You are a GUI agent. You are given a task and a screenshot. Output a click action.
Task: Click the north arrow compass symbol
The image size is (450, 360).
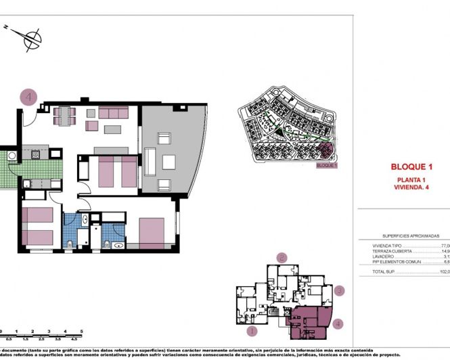click(x=30, y=37)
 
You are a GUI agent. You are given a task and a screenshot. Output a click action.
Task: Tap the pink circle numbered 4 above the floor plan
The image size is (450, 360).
click(x=28, y=97)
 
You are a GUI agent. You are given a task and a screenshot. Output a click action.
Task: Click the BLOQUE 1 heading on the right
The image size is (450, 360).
click(x=411, y=166)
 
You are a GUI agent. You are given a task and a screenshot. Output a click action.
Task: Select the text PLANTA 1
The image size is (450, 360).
click(x=411, y=179)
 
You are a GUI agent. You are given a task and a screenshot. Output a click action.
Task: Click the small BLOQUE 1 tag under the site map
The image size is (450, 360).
click(x=326, y=164)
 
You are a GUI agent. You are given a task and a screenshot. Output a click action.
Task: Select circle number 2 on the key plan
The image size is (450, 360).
click(x=283, y=257)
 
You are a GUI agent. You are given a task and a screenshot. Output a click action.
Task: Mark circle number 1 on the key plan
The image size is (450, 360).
click(x=251, y=331)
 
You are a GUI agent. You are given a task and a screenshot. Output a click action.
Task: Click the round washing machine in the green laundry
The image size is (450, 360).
click(x=12, y=157)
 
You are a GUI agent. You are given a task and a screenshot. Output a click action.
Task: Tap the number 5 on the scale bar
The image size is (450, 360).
click(x=82, y=331)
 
